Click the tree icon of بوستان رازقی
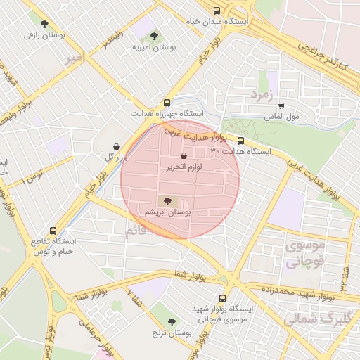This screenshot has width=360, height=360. (45, 23)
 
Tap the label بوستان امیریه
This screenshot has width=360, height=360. (154, 48)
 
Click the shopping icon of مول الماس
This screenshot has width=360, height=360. (281, 105)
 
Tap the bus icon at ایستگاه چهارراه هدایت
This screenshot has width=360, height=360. (167, 102)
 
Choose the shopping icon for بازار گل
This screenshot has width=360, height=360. (115, 146)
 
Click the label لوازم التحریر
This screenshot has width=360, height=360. (184, 167)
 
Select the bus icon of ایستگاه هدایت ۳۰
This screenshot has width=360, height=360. (240, 141)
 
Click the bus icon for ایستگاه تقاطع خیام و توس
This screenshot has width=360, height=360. (53, 231)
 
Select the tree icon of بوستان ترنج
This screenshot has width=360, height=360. (174, 321)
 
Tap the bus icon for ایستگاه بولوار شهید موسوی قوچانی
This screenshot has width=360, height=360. (223, 298)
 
